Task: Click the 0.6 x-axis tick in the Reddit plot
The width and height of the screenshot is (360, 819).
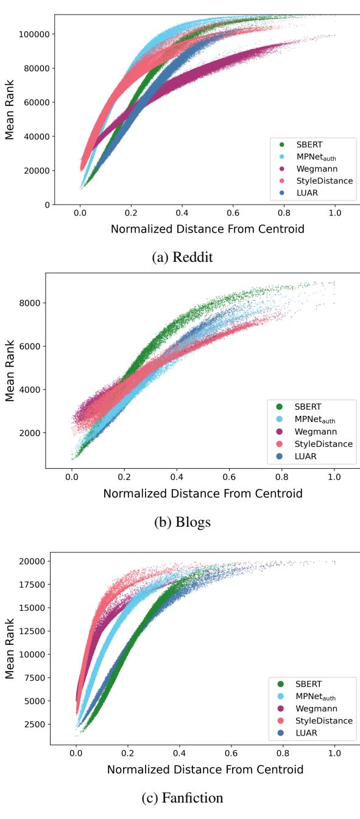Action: [x=233, y=214]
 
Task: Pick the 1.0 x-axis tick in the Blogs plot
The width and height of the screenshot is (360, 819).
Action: [x=334, y=477]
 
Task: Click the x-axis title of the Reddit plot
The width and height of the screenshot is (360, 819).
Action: [x=207, y=230]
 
